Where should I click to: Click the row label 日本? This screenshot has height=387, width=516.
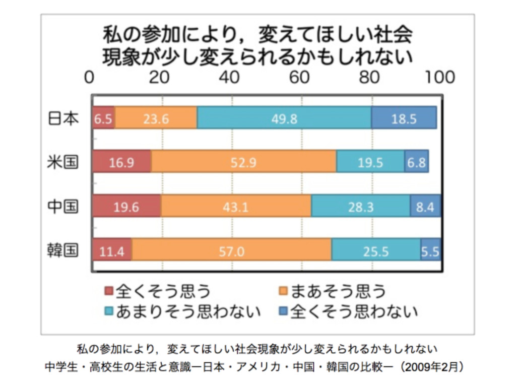(63, 118)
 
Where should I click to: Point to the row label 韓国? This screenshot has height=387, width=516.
(63, 250)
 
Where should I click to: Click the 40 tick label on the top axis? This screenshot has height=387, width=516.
(231, 77)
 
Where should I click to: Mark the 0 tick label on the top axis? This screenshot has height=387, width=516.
(90, 77)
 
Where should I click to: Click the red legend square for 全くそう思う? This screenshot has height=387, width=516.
(109, 291)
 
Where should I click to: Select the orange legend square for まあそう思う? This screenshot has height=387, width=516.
(283, 291)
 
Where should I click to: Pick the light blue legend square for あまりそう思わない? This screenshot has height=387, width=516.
(109, 311)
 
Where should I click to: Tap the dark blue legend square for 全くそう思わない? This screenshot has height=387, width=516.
(283, 311)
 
